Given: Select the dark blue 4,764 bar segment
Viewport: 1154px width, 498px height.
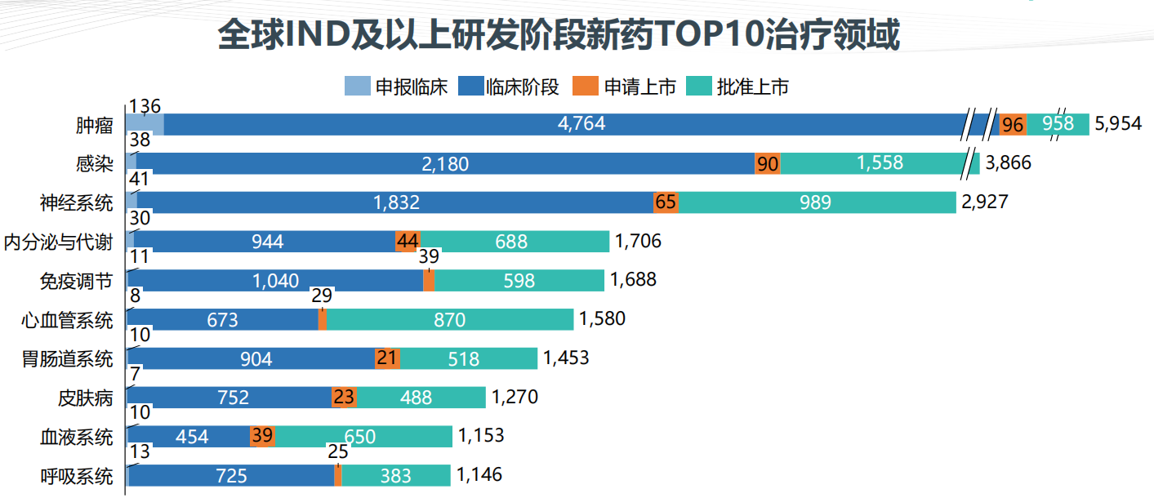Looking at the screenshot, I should (564, 124).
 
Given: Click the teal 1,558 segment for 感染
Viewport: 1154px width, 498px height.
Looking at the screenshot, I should (880, 163).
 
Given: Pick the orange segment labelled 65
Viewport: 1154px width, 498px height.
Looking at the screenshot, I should (666, 202).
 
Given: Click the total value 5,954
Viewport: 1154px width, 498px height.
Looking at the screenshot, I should (1118, 125).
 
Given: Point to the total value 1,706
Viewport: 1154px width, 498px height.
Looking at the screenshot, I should (638, 242).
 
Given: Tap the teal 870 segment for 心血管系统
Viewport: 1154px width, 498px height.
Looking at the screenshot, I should (449, 320).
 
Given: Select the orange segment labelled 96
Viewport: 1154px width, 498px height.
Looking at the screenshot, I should (1013, 124).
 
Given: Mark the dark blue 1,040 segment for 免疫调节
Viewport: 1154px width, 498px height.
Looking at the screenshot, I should (275, 281).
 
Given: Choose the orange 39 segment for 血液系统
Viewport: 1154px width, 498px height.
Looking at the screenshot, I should (262, 437).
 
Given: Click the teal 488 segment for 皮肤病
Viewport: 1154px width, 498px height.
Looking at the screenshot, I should (421, 398).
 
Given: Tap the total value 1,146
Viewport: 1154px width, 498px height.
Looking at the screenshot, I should (479, 475).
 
